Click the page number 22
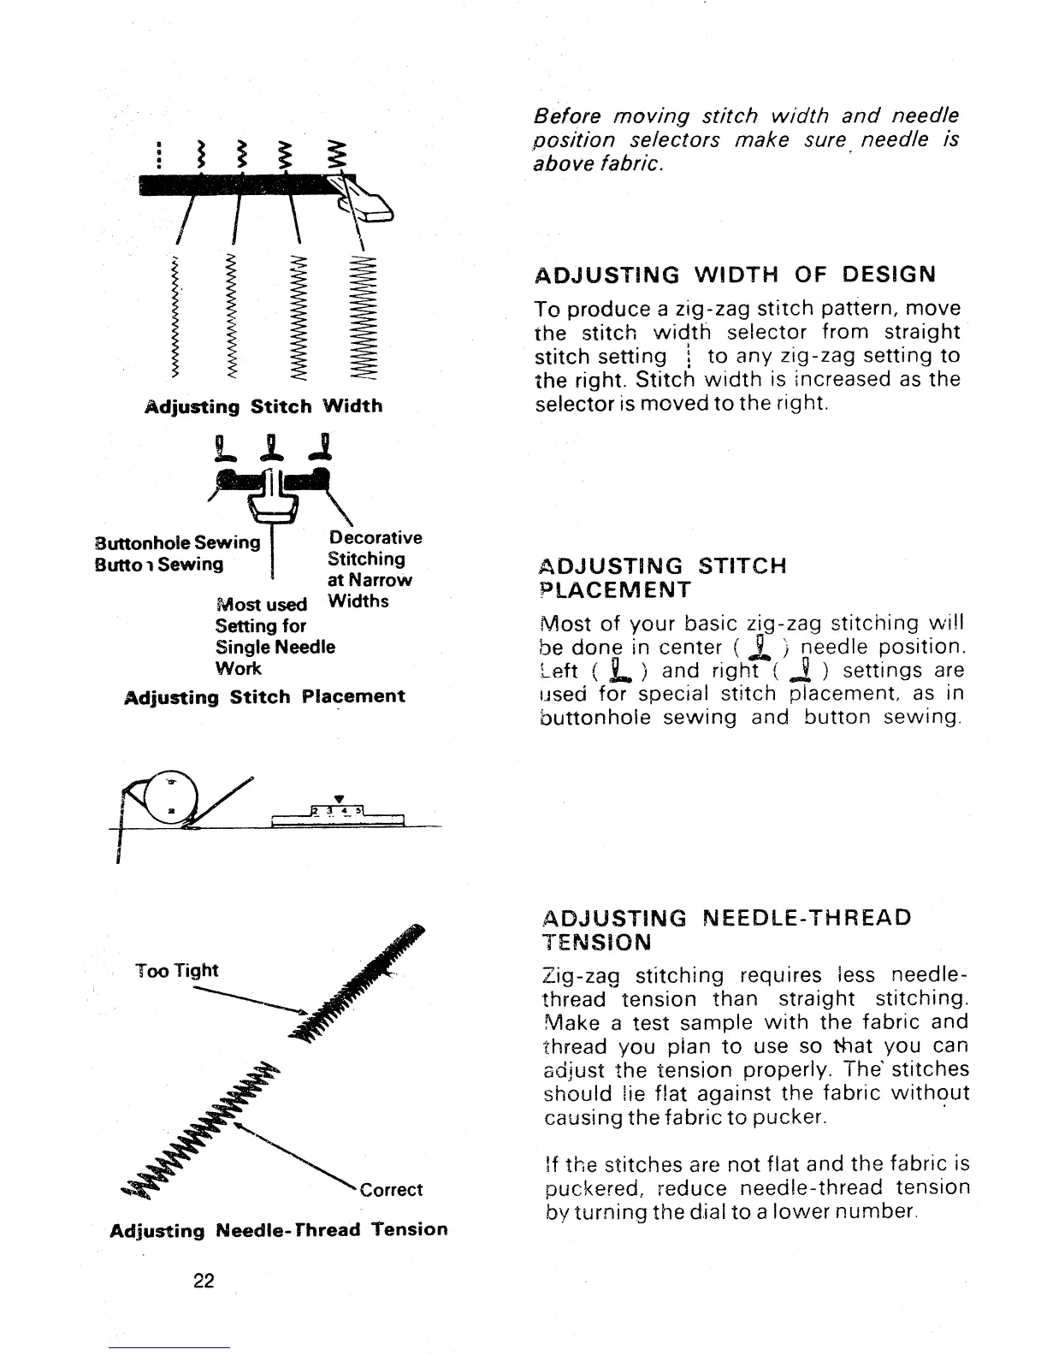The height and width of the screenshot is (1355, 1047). [x=204, y=1281]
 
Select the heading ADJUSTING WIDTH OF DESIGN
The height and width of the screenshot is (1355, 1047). [x=735, y=275]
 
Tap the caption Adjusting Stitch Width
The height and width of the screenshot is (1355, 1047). [x=263, y=405]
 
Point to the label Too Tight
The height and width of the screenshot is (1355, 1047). [x=177, y=970]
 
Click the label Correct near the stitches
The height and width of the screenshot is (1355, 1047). [x=392, y=1190]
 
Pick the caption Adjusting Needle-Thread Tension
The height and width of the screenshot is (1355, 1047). [x=279, y=1230]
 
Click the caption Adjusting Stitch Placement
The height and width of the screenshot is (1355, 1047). [x=265, y=697]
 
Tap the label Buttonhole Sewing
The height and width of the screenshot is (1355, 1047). [x=177, y=542]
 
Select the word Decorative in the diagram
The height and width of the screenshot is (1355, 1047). [x=375, y=538]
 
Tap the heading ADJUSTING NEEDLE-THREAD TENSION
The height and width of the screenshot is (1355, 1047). [x=727, y=930]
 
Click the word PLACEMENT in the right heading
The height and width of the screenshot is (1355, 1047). [x=612, y=590]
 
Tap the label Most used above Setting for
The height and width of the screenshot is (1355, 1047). [x=262, y=605]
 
